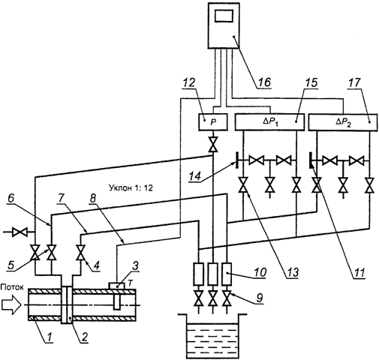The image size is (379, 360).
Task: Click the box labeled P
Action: point(213,122)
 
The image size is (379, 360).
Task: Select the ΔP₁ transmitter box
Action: point(269,122)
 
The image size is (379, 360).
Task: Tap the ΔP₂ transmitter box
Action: point(343,122)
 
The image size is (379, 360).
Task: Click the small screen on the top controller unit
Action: point(224,17)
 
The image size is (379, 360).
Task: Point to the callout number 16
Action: point(263,82)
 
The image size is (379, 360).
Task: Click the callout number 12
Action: point(189,82)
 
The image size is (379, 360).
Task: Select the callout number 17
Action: point(353,82)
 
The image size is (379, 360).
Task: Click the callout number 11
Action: point(359,271)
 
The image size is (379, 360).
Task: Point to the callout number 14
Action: point(195,176)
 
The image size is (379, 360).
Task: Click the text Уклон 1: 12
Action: point(131,187)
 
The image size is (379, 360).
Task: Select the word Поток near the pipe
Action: point(12,287)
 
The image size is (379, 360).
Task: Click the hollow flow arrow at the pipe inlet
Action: point(11,305)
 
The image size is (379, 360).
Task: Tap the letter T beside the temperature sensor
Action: point(130,282)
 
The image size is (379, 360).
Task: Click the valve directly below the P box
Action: point(213,144)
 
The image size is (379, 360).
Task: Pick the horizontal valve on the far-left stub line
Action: point(20,232)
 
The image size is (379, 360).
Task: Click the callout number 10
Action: point(259,272)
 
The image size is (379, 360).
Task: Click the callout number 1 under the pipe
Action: point(50,337)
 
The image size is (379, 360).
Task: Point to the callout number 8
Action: point(93,199)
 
